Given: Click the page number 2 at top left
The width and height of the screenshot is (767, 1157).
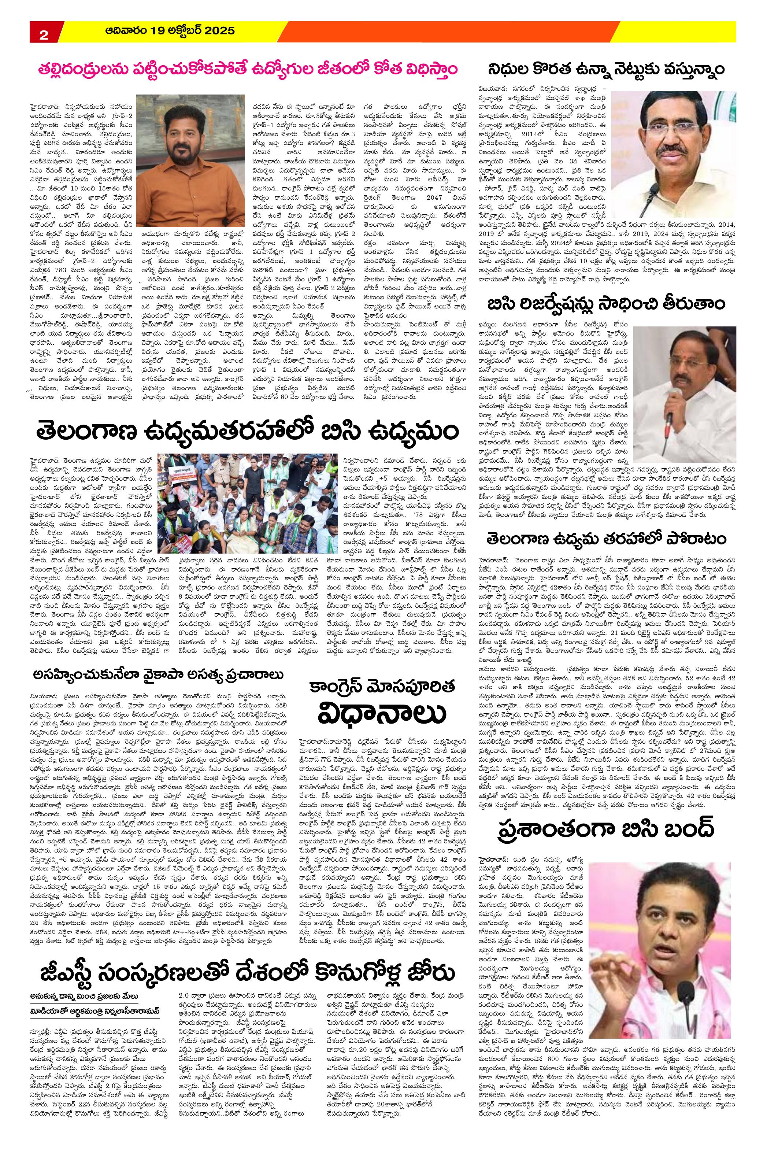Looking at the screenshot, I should (x=43, y=34).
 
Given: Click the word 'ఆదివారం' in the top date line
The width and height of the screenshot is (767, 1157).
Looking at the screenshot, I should (x=126, y=31).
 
